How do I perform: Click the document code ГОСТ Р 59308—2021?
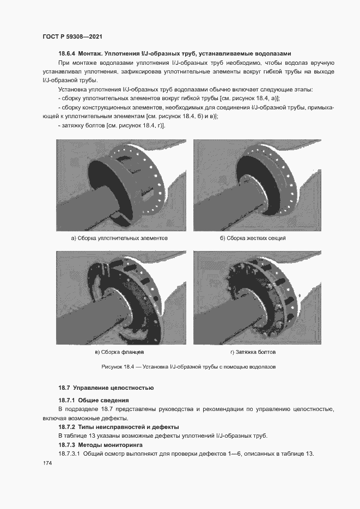click(x=73, y=36)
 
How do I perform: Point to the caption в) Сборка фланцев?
click(x=119, y=352)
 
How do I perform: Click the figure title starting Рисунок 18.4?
click(x=188, y=367)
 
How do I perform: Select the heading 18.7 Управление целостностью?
click(x=106, y=388)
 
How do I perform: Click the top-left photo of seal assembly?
click(x=119, y=185)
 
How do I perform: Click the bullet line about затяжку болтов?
click(x=112, y=126)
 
